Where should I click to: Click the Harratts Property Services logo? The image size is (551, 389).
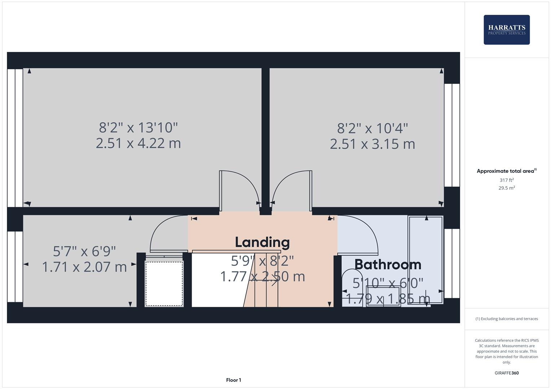(506, 30)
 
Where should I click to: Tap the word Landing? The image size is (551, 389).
(262, 242)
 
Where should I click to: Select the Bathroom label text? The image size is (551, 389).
(388, 265)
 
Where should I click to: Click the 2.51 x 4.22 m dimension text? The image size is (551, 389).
(138, 143)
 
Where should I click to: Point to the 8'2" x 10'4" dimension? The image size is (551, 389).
(372, 128)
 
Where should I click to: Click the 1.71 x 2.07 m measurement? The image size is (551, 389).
(84, 267)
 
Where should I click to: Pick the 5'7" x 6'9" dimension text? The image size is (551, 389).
(84, 251)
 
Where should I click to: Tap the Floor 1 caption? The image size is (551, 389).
(233, 380)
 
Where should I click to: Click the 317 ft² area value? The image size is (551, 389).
(506, 180)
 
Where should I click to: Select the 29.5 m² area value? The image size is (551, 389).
(506, 188)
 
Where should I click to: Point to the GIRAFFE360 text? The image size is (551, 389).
(506, 373)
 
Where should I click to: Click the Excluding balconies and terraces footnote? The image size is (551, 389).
(506, 319)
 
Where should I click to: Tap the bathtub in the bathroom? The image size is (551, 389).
(425, 259)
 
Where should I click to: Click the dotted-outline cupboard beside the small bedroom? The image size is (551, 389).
(164, 283)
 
